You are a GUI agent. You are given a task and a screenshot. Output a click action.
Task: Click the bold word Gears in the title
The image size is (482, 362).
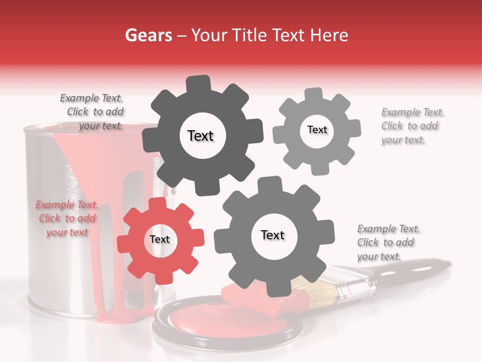[148, 35]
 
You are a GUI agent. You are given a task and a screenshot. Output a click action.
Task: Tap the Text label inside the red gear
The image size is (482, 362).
[160, 239]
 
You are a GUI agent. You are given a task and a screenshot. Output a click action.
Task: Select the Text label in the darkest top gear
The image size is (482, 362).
[200, 136]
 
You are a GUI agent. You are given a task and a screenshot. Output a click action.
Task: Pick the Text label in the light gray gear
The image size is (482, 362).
[317, 130]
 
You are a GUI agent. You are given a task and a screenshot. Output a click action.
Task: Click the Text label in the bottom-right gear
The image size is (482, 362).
[273, 235]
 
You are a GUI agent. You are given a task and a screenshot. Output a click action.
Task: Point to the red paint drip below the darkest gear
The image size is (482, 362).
[173, 191]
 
